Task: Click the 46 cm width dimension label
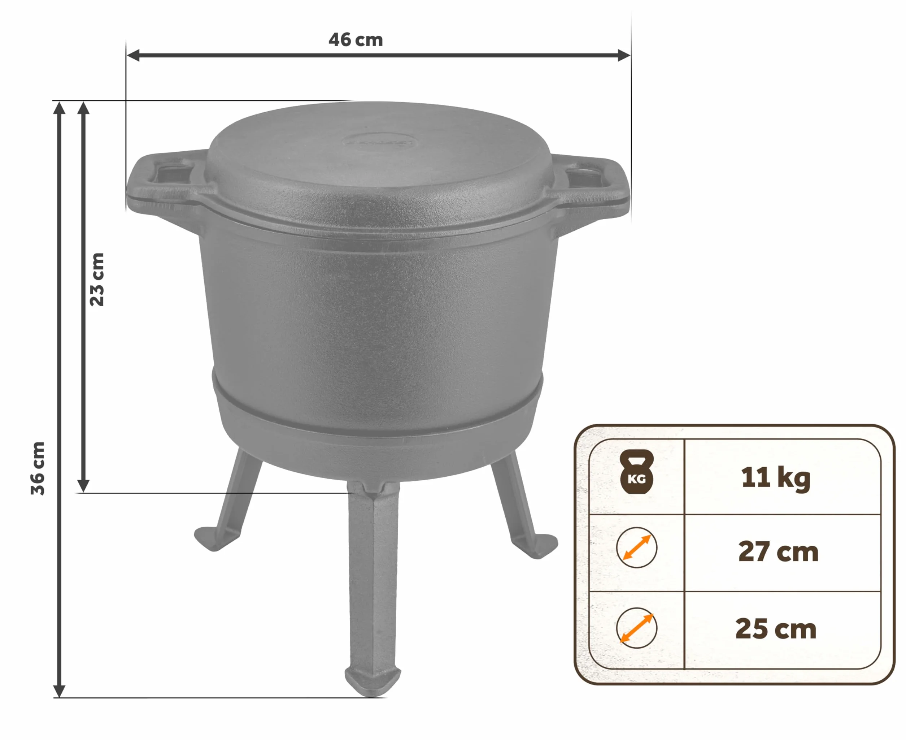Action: [x=355, y=40]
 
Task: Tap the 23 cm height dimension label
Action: [x=97, y=280]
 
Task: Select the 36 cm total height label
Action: [x=38, y=468]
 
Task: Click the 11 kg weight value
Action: [x=776, y=478]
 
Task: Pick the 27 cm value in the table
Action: [x=778, y=551]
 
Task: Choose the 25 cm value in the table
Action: [x=776, y=629]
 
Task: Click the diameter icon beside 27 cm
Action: [x=636, y=548]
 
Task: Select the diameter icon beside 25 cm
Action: [x=636, y=628]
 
